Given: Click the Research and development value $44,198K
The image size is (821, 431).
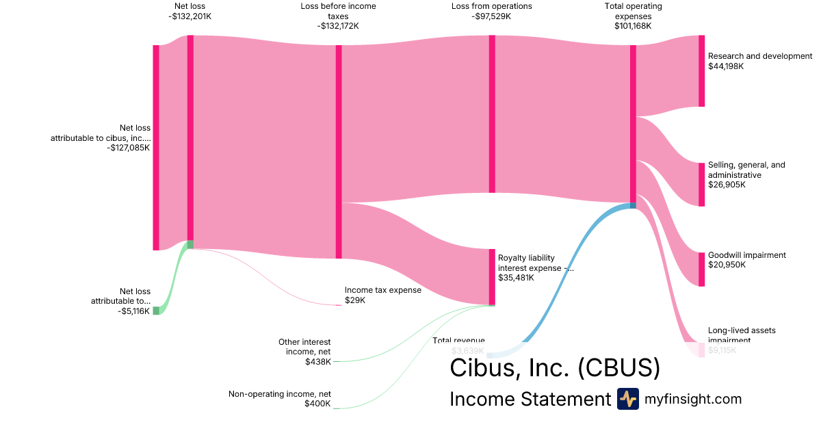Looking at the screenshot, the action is pyautogui.click(x=726, y=66).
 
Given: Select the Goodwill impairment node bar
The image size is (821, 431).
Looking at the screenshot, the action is pyautogui.click(x=701, y=269).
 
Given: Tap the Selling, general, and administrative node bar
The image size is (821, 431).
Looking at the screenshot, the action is pyautogui.click(x=701, y=184).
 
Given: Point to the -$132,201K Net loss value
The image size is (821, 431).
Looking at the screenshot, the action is pyautogui.click(x=190, y=16).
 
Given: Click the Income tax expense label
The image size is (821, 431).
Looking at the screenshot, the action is pyautogui.click(x=382, y=290).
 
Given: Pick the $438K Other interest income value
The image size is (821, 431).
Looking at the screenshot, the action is pyautogui.click(x=318, y=361).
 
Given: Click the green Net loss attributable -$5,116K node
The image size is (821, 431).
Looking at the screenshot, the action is pyautogui.click(x=156, y=311).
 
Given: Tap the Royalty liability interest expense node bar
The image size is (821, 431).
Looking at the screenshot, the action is pyautogui.click(x=492, y=276).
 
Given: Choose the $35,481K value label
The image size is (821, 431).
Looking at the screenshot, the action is pyautogui.click(x=516, y=278).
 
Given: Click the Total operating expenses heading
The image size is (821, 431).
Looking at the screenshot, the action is pyautogui.click(x=633, y=11).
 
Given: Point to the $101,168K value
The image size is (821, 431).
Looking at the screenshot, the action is pyautogui.click(x=633, y=26).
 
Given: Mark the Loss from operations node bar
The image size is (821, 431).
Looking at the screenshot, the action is pyautogui.click(x=492, y=114).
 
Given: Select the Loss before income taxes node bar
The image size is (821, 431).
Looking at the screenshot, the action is pyautogui.click(x=339, y=151).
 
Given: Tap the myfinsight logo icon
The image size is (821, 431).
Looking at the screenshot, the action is pyautogui.click(x=627, y=398).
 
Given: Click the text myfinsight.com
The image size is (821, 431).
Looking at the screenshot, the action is pyautogui.click(x=693, y=399).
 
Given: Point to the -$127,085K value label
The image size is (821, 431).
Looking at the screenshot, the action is pyautogui.click(x=129, y=147).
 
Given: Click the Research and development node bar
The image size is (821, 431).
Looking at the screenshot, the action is pyautogui.click(x=701, y=71).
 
